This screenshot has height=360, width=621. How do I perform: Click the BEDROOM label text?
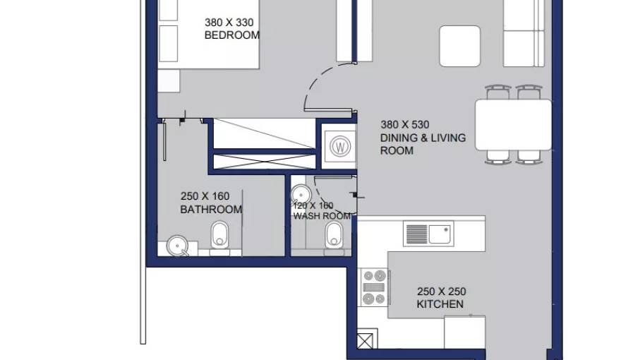(232, 35)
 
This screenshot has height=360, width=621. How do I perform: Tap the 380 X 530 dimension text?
(405, 125)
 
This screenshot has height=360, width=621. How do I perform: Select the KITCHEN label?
(440, 304)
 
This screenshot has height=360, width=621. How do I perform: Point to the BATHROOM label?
(211, 210)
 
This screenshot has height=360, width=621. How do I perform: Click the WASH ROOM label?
(322, 216)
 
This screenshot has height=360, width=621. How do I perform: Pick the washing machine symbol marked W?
(340, 147)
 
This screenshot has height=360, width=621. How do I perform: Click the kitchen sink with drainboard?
(428, 234)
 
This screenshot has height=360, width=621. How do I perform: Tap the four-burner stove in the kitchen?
(374, 287)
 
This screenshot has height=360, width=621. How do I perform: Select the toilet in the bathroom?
(219, 236)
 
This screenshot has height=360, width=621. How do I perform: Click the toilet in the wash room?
(334, 236)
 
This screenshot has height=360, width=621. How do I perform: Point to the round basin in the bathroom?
(177, 246)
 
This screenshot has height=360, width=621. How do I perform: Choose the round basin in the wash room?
(301, 195)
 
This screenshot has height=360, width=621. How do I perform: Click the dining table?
(513, 125)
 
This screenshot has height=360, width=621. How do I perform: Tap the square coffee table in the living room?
(460, 46)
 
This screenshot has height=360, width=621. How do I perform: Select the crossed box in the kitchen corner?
(365, 341)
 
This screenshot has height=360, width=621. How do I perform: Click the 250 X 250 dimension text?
(441, 292)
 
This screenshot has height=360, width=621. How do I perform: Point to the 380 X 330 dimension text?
(229, 23)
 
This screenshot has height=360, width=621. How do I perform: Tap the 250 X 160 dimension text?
(205, 196)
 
